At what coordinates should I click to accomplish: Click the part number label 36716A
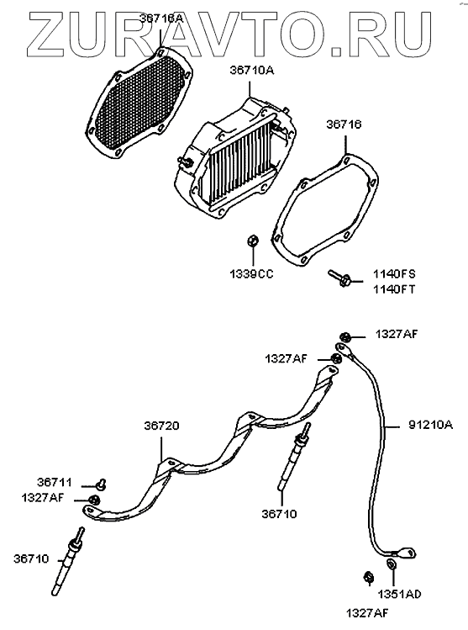161,18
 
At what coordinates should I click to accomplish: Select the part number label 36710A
252,71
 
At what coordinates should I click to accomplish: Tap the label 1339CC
251,274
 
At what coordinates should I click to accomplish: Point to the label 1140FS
394,274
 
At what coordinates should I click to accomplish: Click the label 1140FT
394,289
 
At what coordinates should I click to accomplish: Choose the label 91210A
431,425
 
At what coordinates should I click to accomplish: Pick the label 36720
161,426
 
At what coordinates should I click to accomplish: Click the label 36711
55,482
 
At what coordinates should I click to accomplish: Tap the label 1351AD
399,594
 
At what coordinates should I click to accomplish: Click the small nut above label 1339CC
252,241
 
